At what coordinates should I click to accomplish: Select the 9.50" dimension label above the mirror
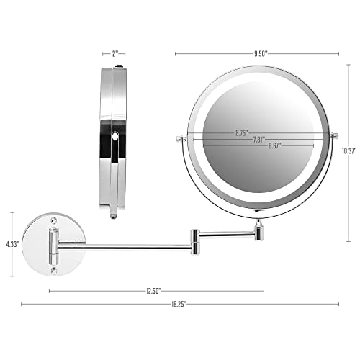tap(257, 53)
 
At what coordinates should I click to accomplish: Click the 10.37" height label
tap(349, 150)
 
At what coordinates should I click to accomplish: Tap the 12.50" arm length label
tap(152, 290)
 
